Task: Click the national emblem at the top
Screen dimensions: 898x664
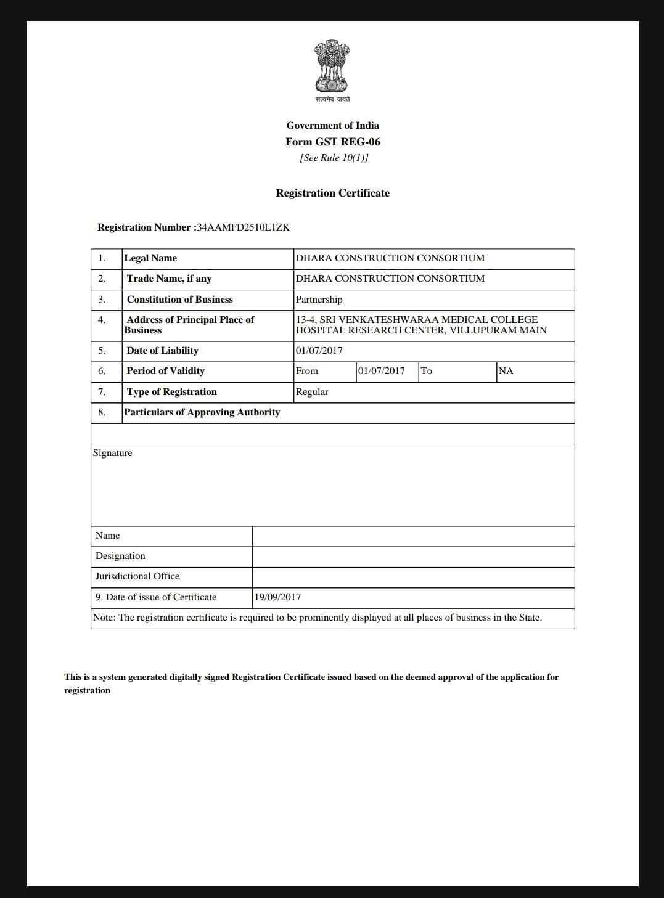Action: click(x=332, y=67)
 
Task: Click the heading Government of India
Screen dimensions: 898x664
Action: click(x=332, y=126)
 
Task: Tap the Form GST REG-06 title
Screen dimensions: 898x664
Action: click(x=332, y=142)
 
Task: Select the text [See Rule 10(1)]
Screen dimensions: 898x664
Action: click(x=334, y=158)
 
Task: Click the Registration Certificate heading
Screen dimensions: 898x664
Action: click(x=332, y=193)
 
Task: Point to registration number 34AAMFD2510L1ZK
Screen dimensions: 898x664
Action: click(x=243, y=227)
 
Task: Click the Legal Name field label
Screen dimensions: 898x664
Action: click(x=150, y=258)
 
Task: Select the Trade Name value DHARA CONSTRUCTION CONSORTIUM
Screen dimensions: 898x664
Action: click(x=390, y=279)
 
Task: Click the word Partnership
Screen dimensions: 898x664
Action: click(x=319, y=300)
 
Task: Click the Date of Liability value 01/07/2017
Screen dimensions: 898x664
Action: click(x=319, y=351)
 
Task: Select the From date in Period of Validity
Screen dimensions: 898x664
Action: click(x=381, y=371)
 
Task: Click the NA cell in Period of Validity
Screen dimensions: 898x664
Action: click(x=506, y=371)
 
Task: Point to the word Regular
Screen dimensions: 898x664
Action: click(x=312, y=392)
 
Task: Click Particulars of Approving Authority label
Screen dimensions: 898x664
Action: click(x=202, y=412)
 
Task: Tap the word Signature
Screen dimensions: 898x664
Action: click(x=112, y=453)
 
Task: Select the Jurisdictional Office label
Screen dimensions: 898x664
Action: click(x=137, y=576)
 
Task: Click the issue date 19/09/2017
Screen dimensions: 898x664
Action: click(x=277, y=597)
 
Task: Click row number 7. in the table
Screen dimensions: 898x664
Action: click(x=102, y=392)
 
